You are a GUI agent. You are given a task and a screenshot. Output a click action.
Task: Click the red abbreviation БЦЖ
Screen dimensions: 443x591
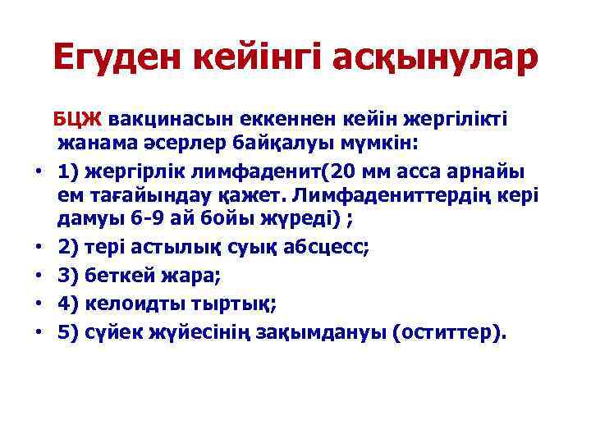click(x=76, y=119)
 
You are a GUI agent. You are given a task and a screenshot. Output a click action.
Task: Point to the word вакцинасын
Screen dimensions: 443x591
click(x=163, y=119)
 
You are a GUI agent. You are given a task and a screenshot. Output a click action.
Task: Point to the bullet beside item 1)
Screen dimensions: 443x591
click(x=39, y=171)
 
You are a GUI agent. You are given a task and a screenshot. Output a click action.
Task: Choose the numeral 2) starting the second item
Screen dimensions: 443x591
click(x=67, y=247)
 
